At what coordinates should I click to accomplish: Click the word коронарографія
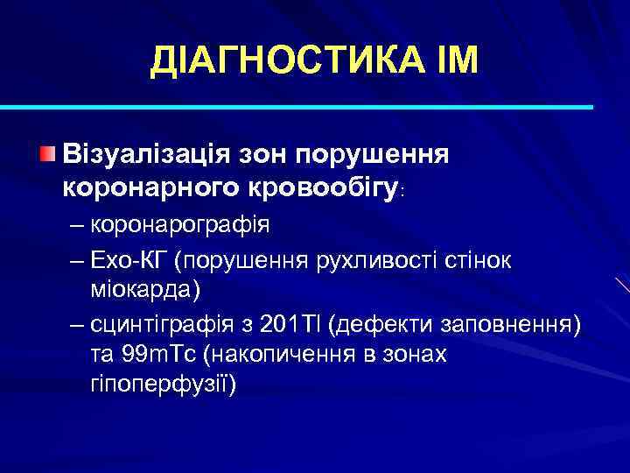(182, 224)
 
